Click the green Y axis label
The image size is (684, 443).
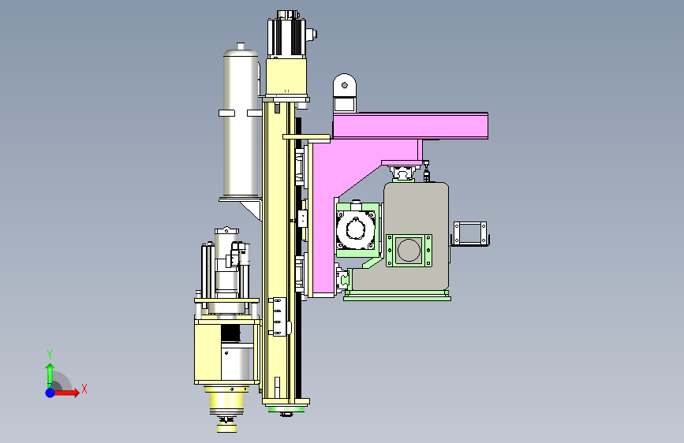click(50, 354)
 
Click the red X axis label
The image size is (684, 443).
click(84, 389)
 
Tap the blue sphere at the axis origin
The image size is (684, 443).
click(50, 393)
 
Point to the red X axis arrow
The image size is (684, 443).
click(65, 393)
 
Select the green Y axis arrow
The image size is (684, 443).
click(50, 375)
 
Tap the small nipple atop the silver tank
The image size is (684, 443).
click(241, 46)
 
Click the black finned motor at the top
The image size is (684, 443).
click(286, 35)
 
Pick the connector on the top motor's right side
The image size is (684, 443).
click(312, 35)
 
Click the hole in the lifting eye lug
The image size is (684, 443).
click(345, 85)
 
